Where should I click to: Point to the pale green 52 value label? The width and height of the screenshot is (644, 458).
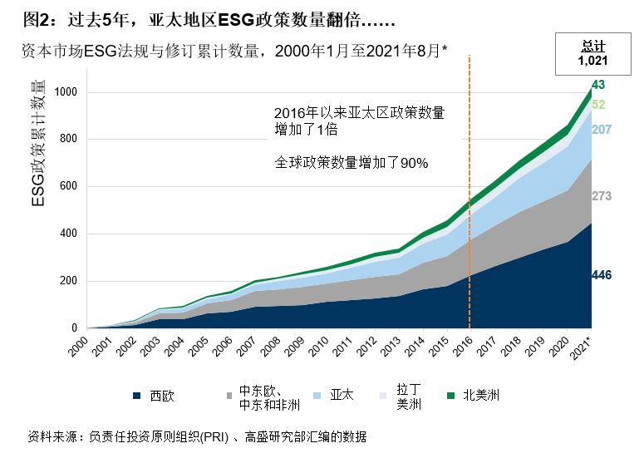[x=598, y=105]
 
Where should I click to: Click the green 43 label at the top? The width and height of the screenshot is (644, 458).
[x=598, y=85]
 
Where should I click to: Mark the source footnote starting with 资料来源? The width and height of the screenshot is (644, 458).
[x=197, y=436]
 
